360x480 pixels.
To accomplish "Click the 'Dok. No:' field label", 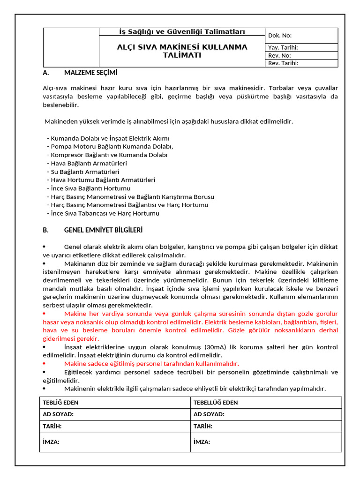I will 280,35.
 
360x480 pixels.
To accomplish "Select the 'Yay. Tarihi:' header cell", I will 283,47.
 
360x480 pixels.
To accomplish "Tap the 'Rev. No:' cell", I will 279,55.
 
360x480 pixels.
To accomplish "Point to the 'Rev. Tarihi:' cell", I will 283,63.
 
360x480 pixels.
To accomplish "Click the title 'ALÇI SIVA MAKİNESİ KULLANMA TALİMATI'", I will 182,51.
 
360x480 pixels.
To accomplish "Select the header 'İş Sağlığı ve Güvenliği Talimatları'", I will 182,32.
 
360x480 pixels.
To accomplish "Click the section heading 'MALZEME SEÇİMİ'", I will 90,73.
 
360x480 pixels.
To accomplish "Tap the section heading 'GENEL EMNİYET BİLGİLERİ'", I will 103,230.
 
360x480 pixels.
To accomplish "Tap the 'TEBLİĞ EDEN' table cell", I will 61,403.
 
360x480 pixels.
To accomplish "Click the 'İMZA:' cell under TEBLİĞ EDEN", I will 51,442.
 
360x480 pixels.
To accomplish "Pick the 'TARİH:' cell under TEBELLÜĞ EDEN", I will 202,426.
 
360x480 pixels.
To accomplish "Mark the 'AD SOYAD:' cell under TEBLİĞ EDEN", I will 58,414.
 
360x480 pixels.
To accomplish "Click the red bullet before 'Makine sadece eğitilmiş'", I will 44,364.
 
